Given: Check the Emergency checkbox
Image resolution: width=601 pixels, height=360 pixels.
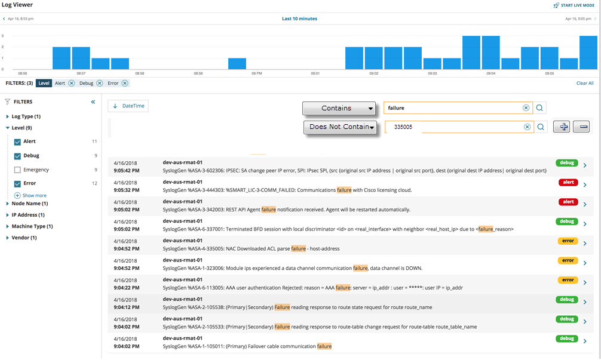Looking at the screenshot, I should pos(17,170).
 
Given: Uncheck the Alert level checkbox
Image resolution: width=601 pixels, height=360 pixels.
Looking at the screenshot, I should pos(17,141).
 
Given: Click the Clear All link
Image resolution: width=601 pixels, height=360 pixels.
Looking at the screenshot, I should pos(585,83).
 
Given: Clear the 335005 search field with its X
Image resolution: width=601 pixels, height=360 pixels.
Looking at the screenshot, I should pos(527,127).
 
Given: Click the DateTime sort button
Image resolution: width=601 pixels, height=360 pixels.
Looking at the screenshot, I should pos(128,106).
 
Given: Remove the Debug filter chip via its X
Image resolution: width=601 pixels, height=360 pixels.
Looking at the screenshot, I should pos(100,83).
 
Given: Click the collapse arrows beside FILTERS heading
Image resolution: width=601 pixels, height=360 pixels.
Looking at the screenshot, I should pos(93,102).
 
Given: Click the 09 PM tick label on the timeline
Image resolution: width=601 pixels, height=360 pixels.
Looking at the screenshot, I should pos(257,73).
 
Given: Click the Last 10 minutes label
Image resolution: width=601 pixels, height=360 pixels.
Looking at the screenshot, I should pos(299,19).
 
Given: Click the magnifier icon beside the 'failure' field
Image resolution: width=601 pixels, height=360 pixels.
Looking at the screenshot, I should pos(539,108).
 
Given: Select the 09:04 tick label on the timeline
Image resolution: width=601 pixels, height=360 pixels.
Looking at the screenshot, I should pos(490,73).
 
